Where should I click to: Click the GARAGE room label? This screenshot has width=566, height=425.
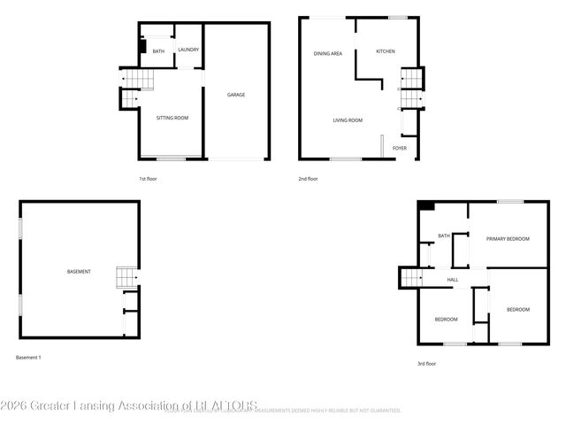click(x=236, y=95)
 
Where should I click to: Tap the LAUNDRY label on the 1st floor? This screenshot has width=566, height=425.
click(x=188, y=50)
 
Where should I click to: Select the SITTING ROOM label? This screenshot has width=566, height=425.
click(x=172, y=118)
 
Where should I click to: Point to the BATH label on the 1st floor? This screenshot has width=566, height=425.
click(x=158, y=51)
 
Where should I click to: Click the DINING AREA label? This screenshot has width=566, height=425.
click(x=328, y=54)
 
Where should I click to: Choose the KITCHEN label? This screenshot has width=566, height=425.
click(x=386, y=51)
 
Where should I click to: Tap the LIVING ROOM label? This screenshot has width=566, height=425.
click(x=348, y=120)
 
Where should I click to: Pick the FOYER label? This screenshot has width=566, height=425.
click(x=400, y=148)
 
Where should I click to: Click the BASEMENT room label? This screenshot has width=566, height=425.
click(x=79, y=271)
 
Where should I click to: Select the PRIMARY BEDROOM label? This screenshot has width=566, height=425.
click(x=508, y=239)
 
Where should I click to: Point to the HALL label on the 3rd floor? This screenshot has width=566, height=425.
click(x=453, y=280)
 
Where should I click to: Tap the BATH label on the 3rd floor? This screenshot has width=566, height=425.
click(x=444, y=236)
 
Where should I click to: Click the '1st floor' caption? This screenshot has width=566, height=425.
click(x=148, y=179)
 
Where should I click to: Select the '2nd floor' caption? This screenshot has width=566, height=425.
click(x=308, y=179)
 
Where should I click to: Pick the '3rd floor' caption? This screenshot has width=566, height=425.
click(x=426, y=363)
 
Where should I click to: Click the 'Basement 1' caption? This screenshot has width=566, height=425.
click(x=29, y=357)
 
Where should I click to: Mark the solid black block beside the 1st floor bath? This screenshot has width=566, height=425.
click(x=142, y=48)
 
